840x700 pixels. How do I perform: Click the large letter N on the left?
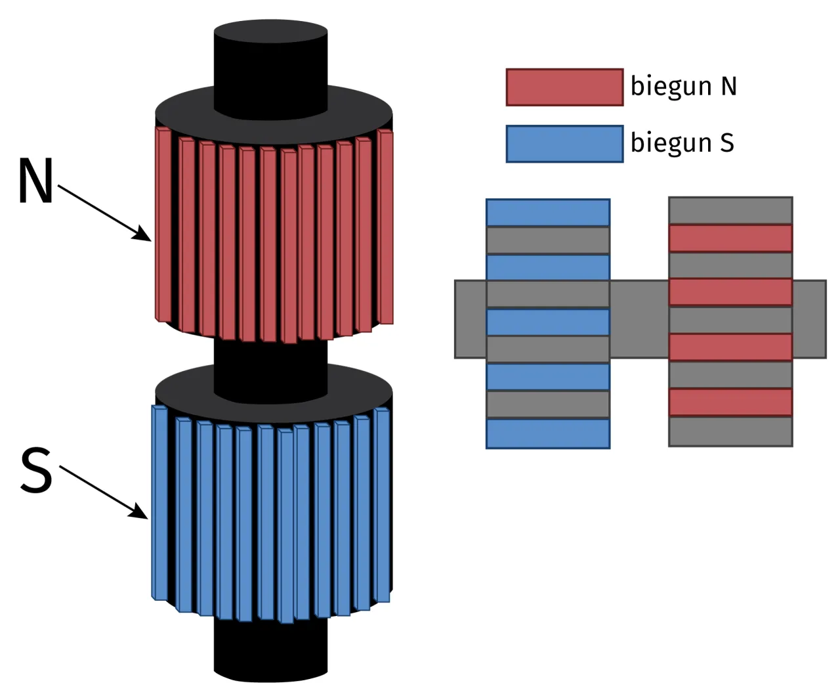click(35, 181)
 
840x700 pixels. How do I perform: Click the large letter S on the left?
click(36, 470)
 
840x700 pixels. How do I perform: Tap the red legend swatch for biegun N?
click(564, 87)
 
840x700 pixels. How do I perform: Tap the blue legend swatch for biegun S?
click(564, 144)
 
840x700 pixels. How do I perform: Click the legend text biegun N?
click(683, 87)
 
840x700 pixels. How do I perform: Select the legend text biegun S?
click(682, 143)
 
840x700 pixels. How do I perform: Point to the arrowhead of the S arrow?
click(140, 514)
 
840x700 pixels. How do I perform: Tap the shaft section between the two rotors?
click(270, 358)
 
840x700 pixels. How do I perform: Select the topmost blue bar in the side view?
click(548, 213)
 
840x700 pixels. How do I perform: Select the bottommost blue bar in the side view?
click(548, 433)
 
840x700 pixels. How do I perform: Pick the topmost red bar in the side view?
click(730, 238)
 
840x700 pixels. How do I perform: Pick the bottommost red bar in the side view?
click(730, 402)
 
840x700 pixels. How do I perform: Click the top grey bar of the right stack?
click(730, 210)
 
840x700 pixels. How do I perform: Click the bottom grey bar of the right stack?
click(730, 431)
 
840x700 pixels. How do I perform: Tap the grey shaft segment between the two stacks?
click(639, 319)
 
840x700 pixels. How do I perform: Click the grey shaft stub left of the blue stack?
click(471, 319)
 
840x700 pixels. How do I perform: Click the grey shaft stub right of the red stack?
click(809, 319)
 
